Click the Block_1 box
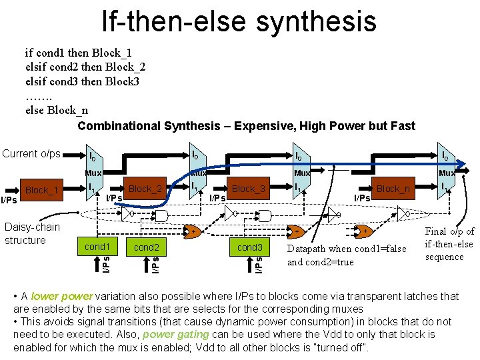coord(42,190)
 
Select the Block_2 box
coord(145,189)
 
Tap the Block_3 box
coord(248,189)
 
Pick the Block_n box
coord(393,189)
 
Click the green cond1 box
coord(97,247)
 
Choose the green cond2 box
coord(146,247)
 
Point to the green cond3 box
coord(250,247)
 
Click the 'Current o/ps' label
coord(31,154)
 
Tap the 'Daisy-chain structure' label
coord(32,233)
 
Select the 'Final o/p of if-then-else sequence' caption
coord(449,244)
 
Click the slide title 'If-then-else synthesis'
coord(239,21)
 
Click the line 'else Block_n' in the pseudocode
coord(56,110)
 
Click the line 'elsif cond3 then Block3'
coord(82,81)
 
